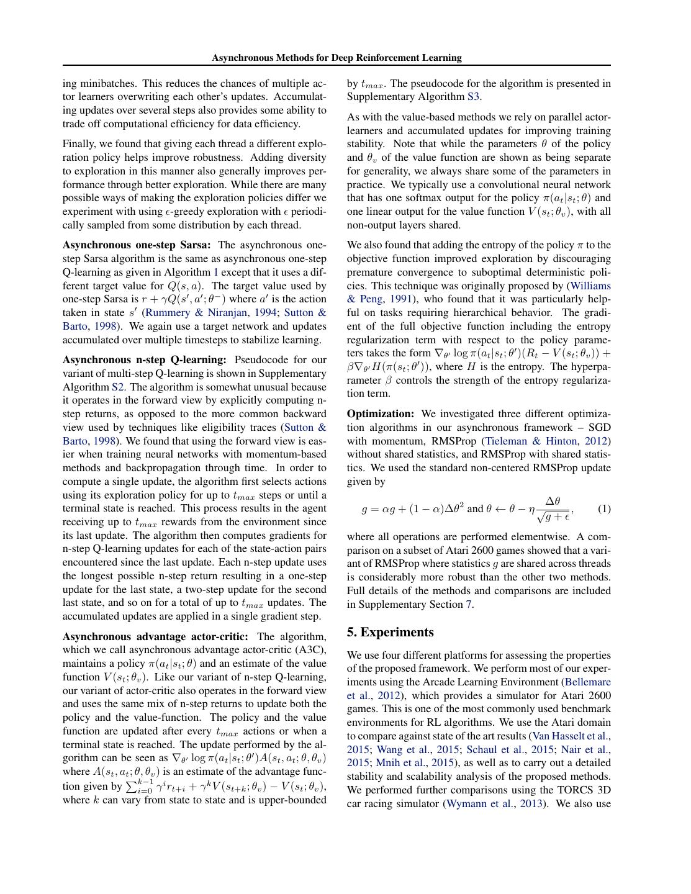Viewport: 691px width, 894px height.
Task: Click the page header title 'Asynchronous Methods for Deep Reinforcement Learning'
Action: point(336,58)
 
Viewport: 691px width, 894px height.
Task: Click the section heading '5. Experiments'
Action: point(390,632)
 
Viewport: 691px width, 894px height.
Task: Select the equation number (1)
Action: point(603,509)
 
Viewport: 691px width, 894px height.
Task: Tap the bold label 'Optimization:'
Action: point(380,414)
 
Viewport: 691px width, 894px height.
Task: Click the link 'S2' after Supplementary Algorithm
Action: point(118,387)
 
